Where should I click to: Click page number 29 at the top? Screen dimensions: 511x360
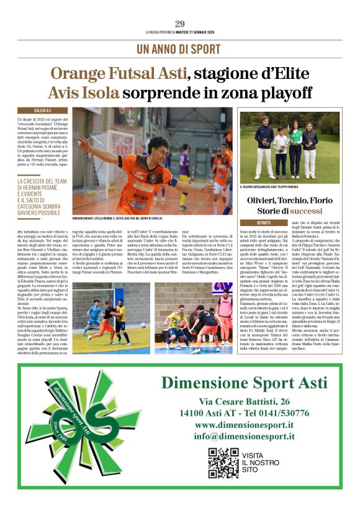[x=179, y=24]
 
